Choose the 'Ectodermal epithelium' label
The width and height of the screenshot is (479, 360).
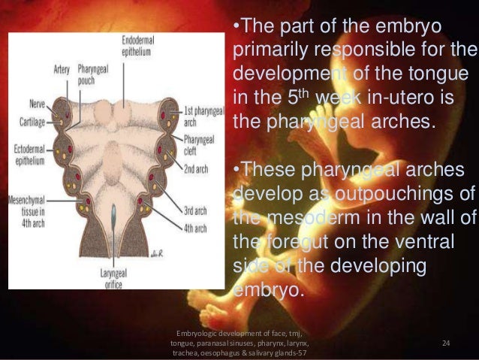tap(29, 153)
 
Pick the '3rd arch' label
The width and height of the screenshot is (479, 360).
tap(195, 211)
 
